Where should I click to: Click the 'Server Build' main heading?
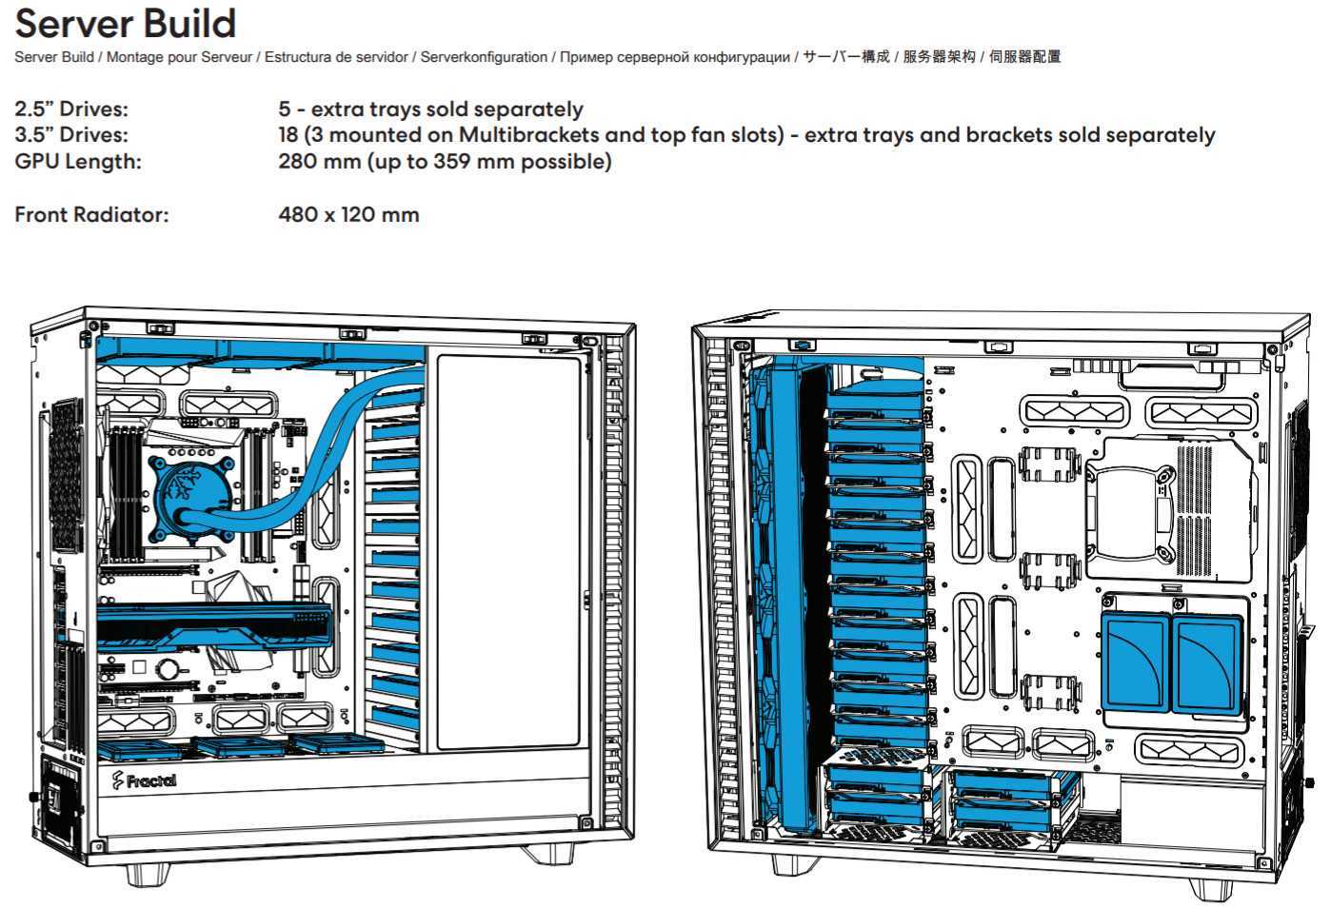click(x=126, y=24)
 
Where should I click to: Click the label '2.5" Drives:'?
click(x=71, y=109)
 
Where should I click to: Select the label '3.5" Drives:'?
click(x=71, y=135)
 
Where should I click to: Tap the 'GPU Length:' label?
click(x=78, y=161)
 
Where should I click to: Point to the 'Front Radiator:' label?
click(x=91, y=214)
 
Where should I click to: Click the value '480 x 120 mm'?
click(x=348, y=214)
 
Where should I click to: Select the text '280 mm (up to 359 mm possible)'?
click(x=445, y=161)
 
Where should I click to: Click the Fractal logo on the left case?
click(x=145, y=780)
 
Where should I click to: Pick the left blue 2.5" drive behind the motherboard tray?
click(x=1135, y=661)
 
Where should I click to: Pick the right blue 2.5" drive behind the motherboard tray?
click(x=1207, y=662)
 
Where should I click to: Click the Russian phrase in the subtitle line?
click(x=675, y=57)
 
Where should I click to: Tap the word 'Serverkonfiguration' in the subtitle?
click(x=484, y=57)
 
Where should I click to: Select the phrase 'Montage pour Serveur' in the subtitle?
click(x=180, y=57)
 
